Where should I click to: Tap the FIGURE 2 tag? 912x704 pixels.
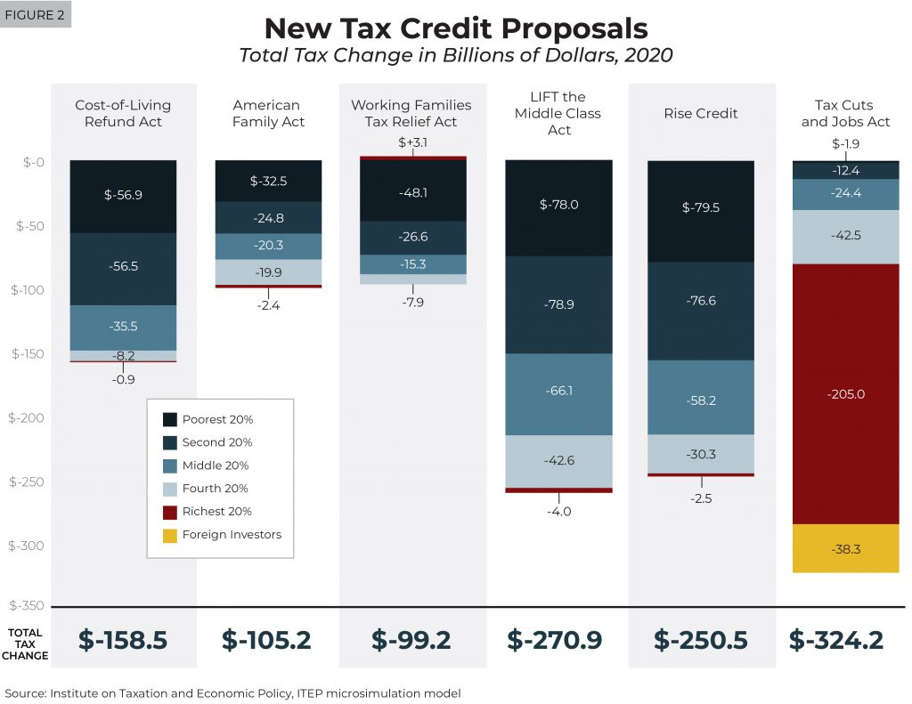(x=37, y=15)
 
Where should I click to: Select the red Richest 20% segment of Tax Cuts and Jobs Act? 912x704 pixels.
(x=845, y=393)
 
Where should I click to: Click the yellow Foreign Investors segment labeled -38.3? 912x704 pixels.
(x=845, y=549)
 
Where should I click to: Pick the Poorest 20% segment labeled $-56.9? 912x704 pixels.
(x=123, y=196)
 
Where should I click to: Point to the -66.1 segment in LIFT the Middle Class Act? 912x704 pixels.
(x=558, y=391)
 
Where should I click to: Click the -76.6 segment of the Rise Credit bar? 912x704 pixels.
(x=700, y=301)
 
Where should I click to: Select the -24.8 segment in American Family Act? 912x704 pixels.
(x=269, y=217)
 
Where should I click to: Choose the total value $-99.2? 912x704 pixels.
(x=413, y=639)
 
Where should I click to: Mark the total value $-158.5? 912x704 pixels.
(x=123, y=639)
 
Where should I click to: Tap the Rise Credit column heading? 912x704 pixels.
(x=700, y=113)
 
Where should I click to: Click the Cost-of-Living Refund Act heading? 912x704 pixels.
(x=123, y=113)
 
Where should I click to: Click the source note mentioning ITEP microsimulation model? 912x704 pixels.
(x=233, y=692)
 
